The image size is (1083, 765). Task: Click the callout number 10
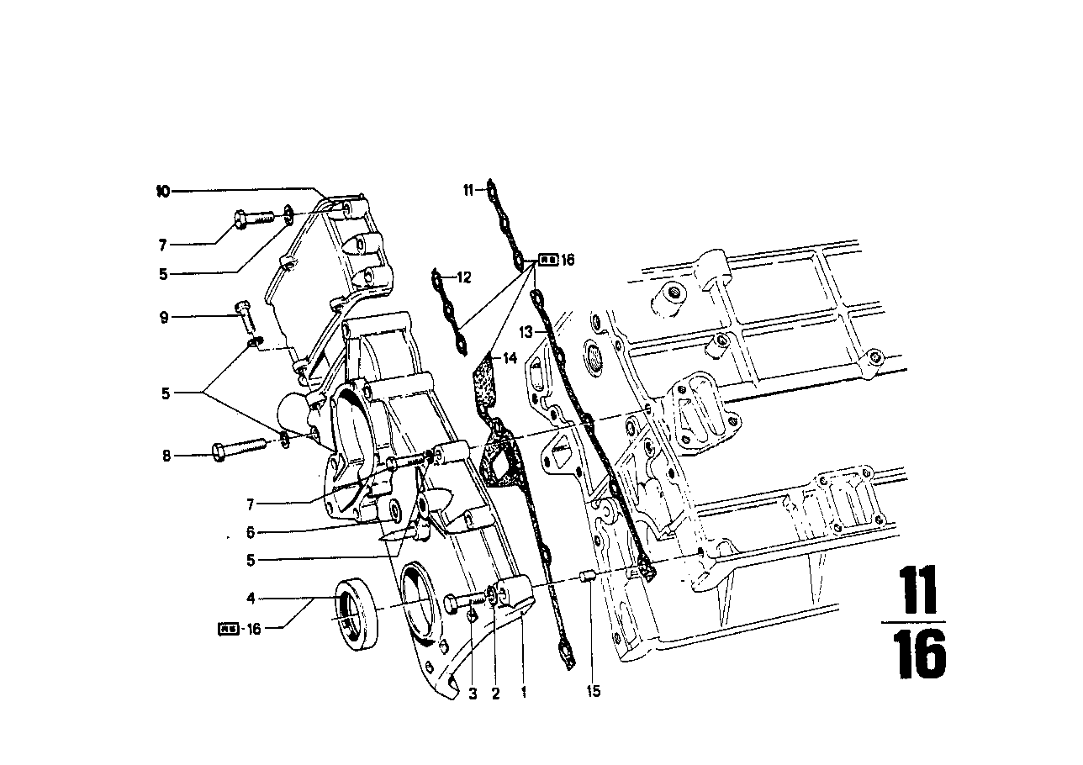pos(162,191)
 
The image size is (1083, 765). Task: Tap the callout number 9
pos(165,317)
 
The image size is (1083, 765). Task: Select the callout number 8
pos(166,456)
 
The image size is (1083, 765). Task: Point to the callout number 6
pos(251,532)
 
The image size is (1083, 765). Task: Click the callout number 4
pos(251,599)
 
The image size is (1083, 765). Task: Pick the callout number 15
pos(594,693)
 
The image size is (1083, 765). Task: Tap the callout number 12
pos(465,277)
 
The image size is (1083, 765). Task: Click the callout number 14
pos(509,358)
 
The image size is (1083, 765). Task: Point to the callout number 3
pos(473,694)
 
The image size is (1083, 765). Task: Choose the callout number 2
pos(495,694)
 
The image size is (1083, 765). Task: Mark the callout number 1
pos(524,694)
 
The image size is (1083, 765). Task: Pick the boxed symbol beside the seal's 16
pos(228,628)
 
